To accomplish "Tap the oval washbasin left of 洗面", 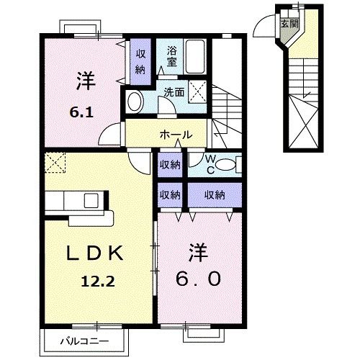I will (134, 102).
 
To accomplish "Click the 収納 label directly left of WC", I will (170, 165).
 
